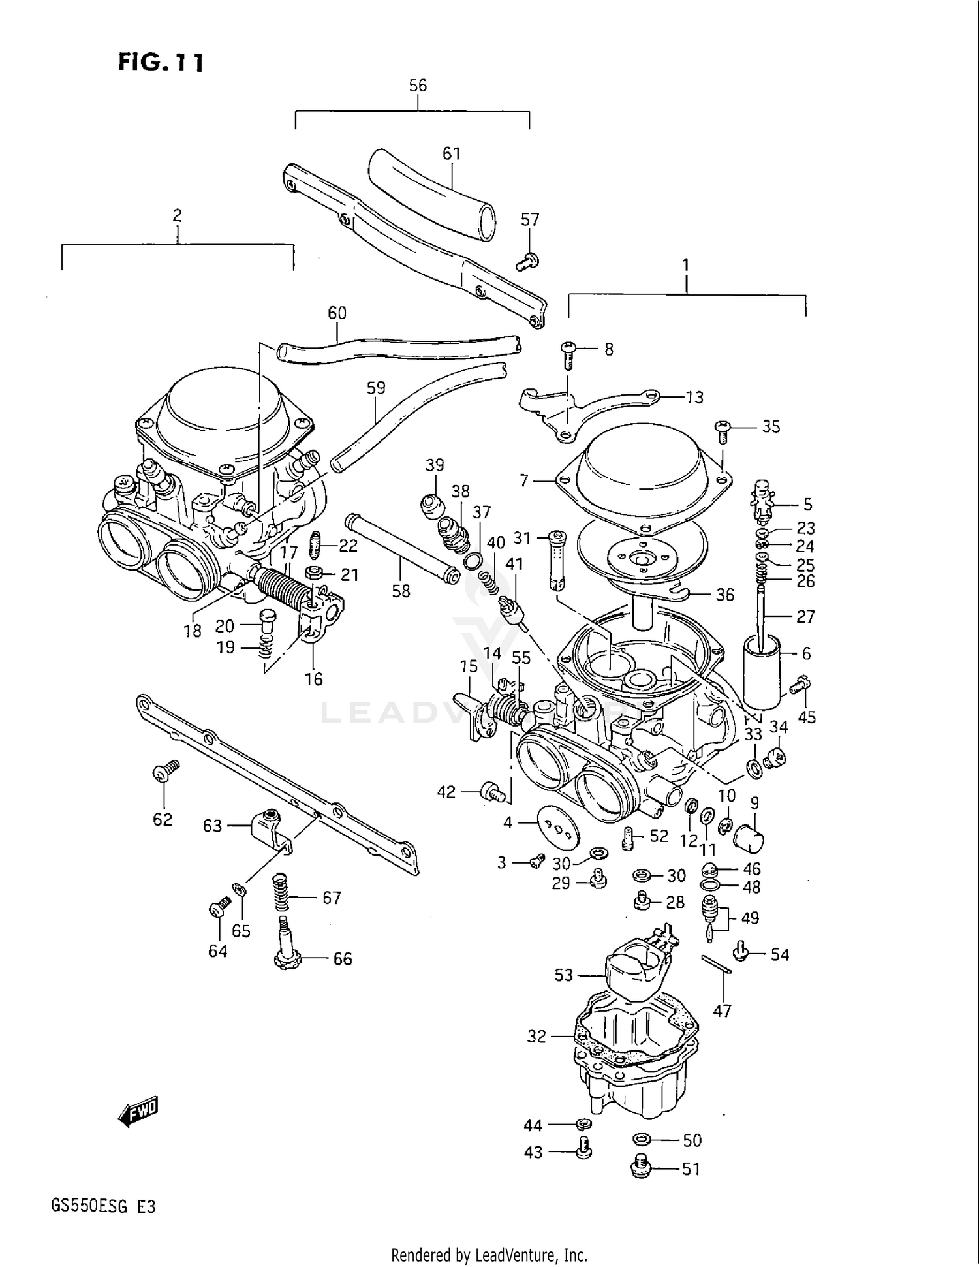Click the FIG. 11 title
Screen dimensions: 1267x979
(161, 63)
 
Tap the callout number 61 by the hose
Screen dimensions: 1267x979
(452, 153)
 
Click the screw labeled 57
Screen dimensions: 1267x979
(527, 262)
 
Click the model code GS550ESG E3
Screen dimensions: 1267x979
(103, 1206)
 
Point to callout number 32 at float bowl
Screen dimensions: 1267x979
(536, 1037)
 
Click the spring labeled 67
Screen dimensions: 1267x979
(281, 893)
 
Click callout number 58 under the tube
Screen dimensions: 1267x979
(401, 591)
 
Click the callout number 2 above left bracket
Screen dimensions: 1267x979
(177, 215)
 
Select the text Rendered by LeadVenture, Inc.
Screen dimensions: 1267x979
(489, 1255)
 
